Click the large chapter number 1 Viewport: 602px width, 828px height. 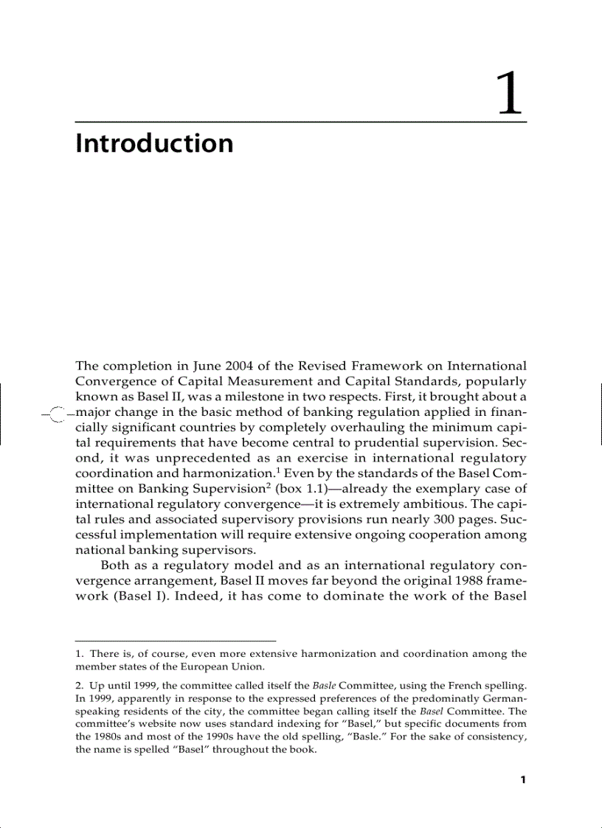pyautogui.click(x=509, y=94)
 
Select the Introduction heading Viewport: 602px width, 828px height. pyautogui.click(x=154, y=143)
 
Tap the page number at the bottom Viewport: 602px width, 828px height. pyautogui.click(x=522, y=780)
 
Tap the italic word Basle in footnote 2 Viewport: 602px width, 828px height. pyautogui.click(x=325, y=685)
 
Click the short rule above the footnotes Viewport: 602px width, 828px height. pyautogui.click(x=176, y=641)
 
